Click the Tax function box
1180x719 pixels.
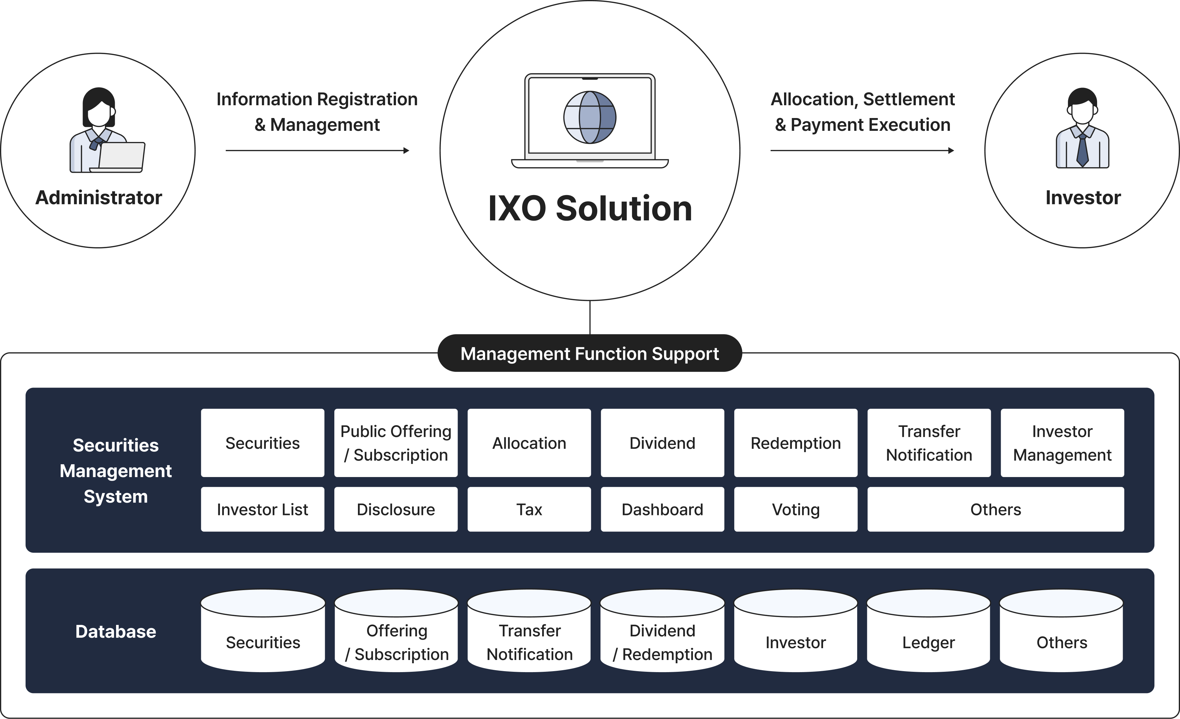click(x=529, y=509)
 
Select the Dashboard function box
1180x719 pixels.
click(x=662, y=509)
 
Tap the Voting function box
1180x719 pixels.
click(x=796, y=509)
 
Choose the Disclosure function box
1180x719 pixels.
click(x=396, y=509)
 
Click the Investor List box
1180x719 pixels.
click(x=263, y=509)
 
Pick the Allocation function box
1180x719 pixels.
click(x=529, y=443)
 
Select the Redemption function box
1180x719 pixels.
click(x=796, y=443)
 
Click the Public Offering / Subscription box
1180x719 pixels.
click(x=396, y=443)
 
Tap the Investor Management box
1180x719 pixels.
click(x=1062, y=443)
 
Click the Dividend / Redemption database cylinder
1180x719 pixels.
click(x=662, y=637)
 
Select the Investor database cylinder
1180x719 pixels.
click(x=796, y=637)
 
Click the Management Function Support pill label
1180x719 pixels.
click(x=590, y=353)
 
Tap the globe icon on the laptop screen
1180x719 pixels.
click(x=590, y=117)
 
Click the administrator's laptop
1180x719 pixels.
click(x=120, y=156)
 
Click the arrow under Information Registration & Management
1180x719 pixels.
click(x=317, y=150)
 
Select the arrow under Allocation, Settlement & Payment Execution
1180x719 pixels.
click(x=862, y=150)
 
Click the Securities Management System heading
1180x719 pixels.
click(x=115, y=470)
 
